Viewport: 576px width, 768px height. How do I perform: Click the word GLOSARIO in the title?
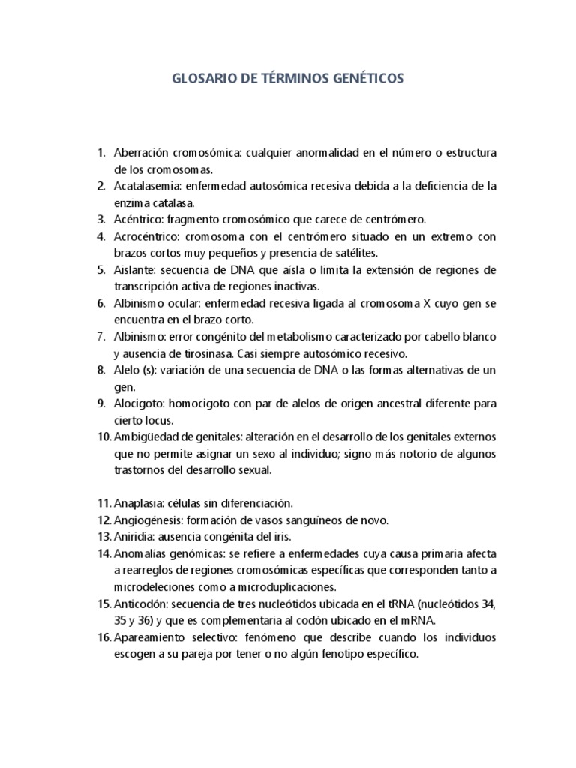point(199,78)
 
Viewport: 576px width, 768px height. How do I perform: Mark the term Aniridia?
point(133,536)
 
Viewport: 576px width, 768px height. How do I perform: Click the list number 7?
point(101,337)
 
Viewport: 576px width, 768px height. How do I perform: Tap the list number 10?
point(103,436)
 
